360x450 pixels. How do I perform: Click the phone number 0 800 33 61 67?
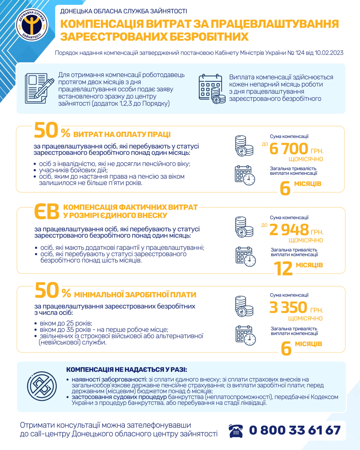click(x=295, y=430)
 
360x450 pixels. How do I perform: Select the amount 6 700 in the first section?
click(x=288, y=149)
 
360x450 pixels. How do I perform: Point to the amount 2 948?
click(x=289, y=229)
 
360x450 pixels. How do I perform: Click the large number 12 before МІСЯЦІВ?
click(x=283, y=269)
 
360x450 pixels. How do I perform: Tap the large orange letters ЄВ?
click(x=46, y=212)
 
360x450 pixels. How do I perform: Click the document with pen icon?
click(x=37, y=88)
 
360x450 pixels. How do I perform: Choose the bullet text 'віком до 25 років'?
click(x=66, y=323)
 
